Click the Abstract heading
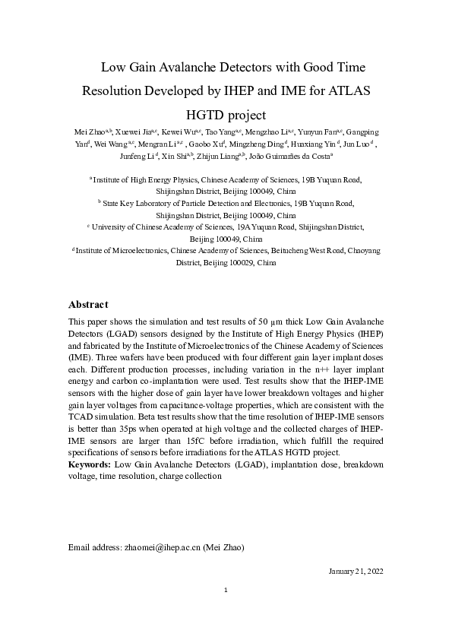88,304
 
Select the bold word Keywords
89,464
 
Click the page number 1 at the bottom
226,590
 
